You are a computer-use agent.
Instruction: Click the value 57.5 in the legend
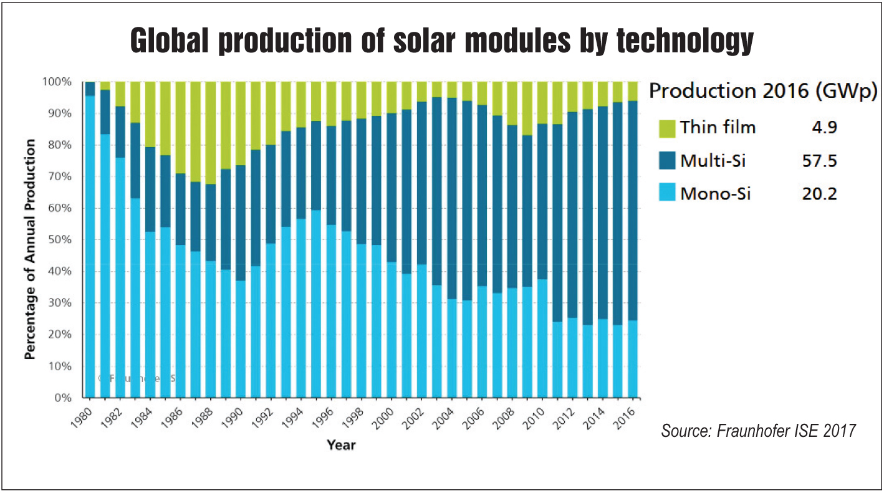819,161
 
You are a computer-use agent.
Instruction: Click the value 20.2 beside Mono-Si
819,194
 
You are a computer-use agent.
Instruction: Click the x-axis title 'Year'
341,445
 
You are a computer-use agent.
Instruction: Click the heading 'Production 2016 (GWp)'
763,92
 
